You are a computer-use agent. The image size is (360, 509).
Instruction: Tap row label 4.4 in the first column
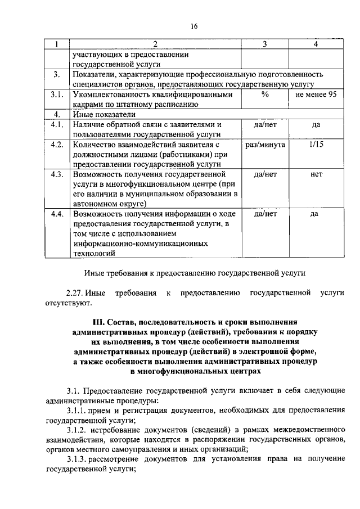[x=56, y=214]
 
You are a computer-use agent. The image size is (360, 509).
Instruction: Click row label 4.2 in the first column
[x=56, y=145]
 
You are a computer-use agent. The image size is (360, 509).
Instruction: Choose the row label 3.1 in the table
[x=56, y=95]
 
